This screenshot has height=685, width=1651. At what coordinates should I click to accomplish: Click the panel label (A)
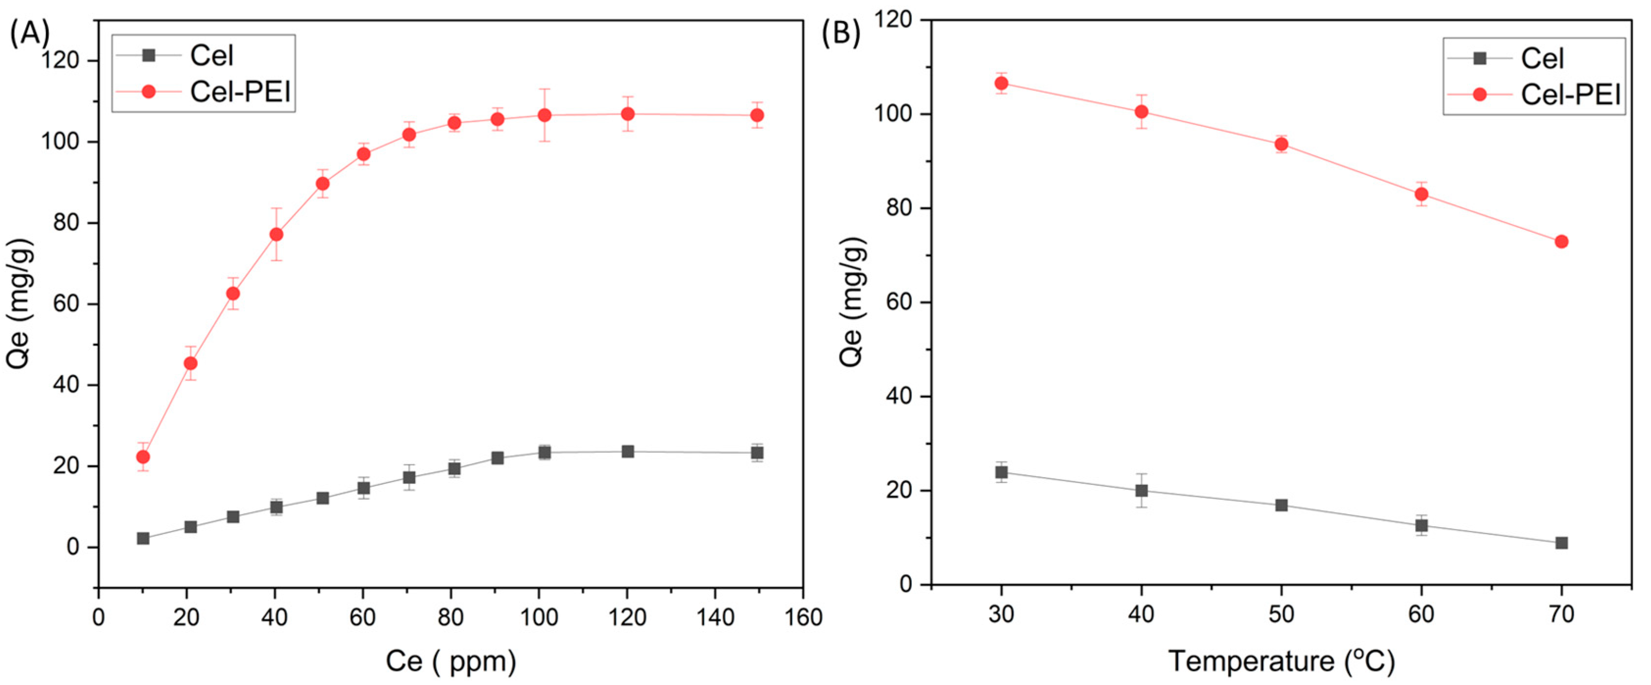29,34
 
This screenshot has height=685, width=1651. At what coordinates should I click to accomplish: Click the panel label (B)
841,34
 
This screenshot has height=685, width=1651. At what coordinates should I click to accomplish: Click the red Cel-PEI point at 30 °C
1001,83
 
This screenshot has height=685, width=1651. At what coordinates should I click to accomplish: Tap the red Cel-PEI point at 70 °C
1561,242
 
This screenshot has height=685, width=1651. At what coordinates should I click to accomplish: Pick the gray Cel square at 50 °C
1281,506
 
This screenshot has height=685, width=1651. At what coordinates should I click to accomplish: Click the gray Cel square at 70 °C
1561,543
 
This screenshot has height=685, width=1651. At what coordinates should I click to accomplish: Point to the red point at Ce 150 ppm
757,115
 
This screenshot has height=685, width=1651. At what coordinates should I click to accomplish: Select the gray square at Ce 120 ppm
627,452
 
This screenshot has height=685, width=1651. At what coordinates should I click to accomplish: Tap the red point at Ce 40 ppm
276,235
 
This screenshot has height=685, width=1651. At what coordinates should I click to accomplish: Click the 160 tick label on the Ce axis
804,618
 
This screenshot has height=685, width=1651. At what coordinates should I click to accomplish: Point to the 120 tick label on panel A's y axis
60,61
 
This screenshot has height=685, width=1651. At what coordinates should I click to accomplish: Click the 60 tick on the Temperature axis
1421,614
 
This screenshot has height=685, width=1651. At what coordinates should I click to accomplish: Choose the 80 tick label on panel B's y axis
897,209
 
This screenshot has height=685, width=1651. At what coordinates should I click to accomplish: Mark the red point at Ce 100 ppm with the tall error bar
544,115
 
